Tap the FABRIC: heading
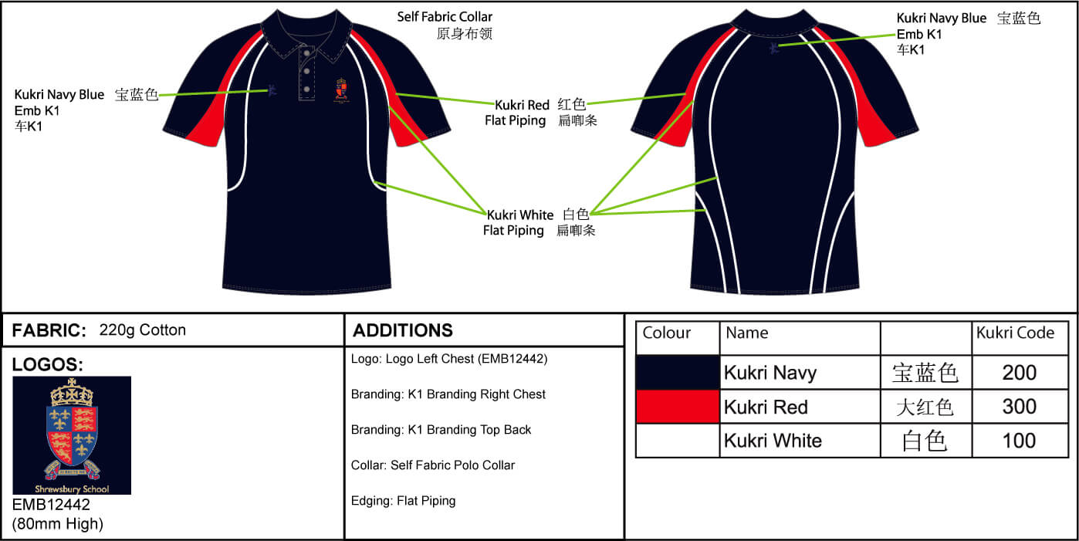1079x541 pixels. (x=49, y=330)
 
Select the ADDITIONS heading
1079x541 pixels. (x=403, y=330)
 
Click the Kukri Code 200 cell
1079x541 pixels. (x=1019, y=373)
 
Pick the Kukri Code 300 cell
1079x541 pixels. (x=1019, y=407)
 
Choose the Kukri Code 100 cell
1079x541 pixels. (x=1019, y=441)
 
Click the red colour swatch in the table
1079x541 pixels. (x=677, y=407)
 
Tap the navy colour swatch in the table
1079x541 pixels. (x=677, y=373)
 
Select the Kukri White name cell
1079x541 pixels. (x=773, y=441)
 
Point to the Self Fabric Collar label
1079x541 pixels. (x=445, y=17)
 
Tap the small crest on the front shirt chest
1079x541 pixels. (x=343, y=90)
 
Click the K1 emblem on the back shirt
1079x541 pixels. (x=774, y=49)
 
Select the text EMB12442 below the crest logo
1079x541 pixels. (x=52, y=505)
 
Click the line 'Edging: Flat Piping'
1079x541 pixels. (x=403, y=501)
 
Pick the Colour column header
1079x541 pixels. (x=667, y=333)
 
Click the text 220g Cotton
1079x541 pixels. (x=143, y=330)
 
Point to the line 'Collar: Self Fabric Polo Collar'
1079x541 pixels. (x=432, y=465)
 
